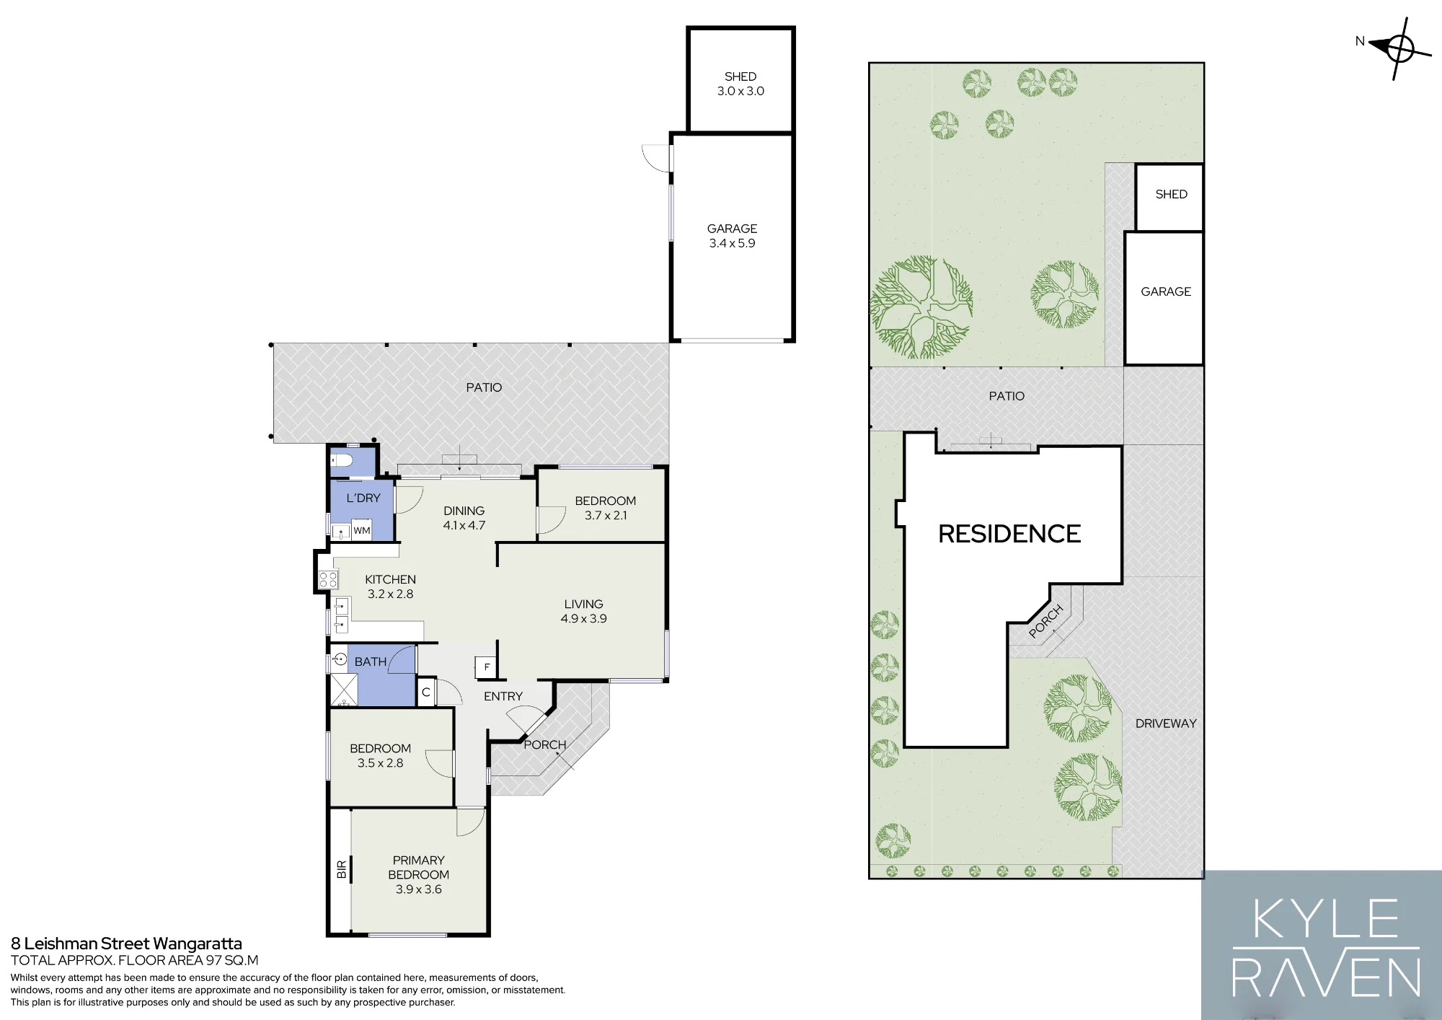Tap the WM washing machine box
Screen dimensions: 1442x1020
[362, 530]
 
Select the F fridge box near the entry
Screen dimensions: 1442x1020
[487, 667]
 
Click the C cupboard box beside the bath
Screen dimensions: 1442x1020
[426, 692]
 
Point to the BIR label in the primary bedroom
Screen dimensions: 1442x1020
[342, 869]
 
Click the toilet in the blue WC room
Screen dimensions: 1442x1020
[340, 461]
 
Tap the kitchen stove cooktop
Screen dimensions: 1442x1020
[328, 579]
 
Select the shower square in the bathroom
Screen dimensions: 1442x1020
[344, 690]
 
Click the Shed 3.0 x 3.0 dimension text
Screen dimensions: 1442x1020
[740, 91]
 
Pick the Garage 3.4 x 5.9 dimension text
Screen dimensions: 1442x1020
[732, 243]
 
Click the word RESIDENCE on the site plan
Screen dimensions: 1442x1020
[1009, 534]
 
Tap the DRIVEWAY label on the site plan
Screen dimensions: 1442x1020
[1166, 724]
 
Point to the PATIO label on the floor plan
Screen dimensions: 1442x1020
[484, 387]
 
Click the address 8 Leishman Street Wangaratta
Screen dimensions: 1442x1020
[126, 944]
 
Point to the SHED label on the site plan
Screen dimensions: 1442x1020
[1171, 194]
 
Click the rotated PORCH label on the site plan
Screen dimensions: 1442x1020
[1046, 621]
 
